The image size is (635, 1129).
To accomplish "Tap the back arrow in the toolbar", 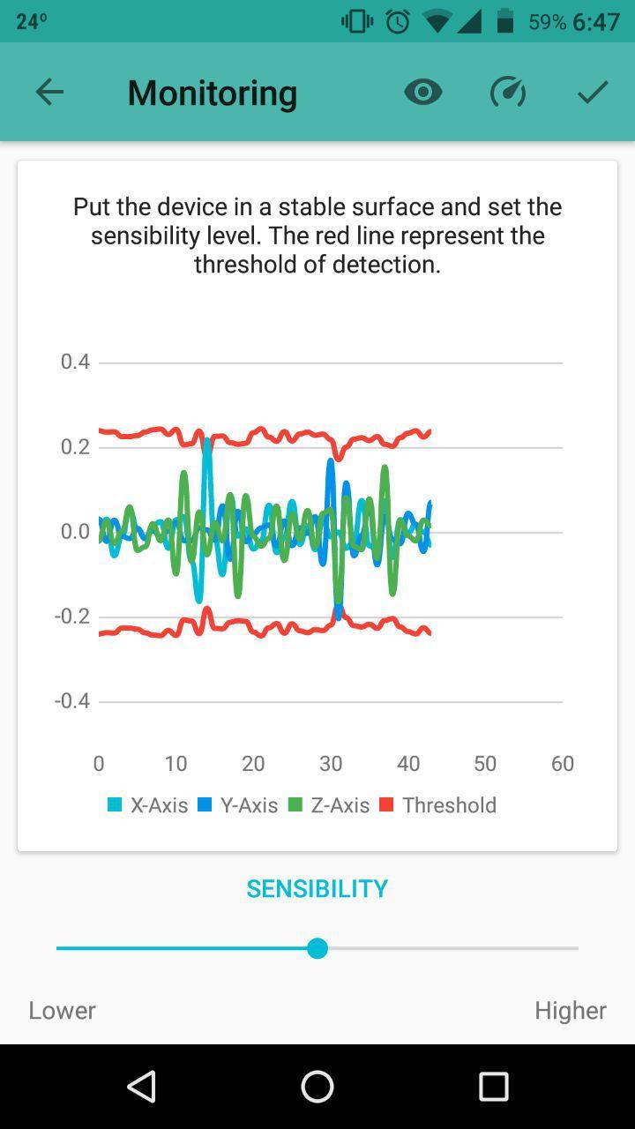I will (49, 92).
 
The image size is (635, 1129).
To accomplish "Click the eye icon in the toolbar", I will (423, 92).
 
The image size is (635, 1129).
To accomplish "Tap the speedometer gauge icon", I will (508, 92).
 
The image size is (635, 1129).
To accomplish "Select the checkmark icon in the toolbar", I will (593, 92).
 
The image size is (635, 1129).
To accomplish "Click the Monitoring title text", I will (212, 93).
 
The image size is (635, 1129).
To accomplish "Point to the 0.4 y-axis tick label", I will (75, 362).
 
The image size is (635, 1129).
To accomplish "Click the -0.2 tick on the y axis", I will (73, 616).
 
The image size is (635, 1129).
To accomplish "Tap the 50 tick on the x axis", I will (485, 764).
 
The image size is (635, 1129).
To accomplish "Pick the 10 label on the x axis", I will (176, 764).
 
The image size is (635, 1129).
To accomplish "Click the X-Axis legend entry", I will (148, 805).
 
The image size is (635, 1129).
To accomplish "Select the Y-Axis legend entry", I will (238, 805).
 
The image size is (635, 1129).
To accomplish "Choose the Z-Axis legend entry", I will (329, 805).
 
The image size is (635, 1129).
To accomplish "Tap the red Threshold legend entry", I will (438, 805).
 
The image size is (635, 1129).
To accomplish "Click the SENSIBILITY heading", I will (317, 889).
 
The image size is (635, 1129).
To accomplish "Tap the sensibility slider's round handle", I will (317, 948).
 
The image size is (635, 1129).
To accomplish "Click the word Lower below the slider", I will (62, 1011).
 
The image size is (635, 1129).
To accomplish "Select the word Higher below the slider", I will (570, 1011).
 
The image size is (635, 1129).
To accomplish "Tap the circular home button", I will (317, 1087).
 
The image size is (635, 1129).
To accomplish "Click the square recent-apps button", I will (494, 1087).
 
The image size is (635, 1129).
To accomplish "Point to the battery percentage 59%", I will (547, 22).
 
